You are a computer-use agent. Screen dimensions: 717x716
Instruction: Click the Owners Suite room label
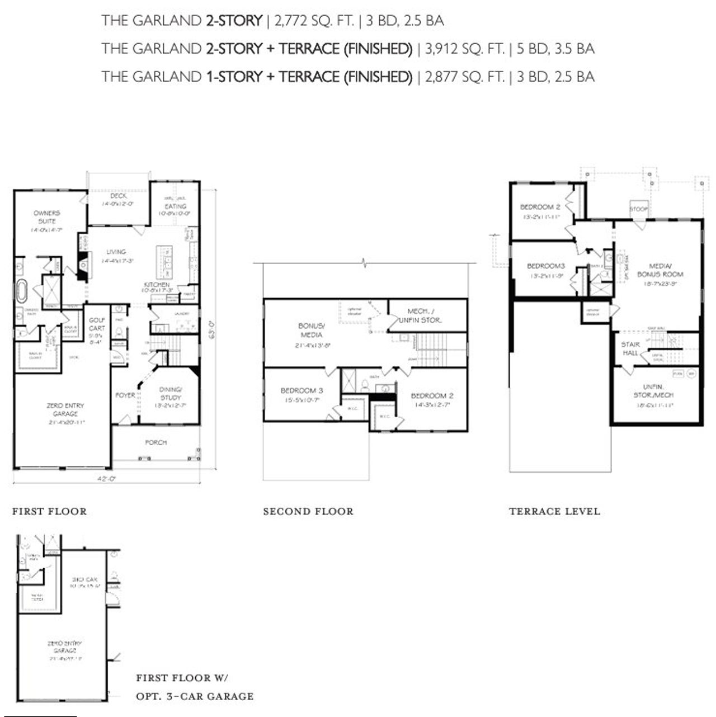46,217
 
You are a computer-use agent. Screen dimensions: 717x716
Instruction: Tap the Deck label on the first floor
118,196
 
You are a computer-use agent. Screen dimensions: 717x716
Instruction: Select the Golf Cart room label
97,324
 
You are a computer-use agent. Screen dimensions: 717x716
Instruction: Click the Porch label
156,442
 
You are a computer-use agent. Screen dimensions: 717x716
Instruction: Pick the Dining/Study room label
170,393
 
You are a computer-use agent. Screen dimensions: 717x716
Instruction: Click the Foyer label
125,395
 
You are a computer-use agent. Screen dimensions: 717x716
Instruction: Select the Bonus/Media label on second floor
311,330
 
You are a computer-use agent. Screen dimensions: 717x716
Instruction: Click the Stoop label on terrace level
638,209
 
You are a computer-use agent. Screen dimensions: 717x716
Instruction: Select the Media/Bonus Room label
660,270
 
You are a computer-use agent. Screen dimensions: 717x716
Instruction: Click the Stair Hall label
630,348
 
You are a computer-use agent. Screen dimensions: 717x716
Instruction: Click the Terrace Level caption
554,511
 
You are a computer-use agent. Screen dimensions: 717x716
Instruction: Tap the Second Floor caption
308,511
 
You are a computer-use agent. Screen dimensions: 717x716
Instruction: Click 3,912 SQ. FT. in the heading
465,49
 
